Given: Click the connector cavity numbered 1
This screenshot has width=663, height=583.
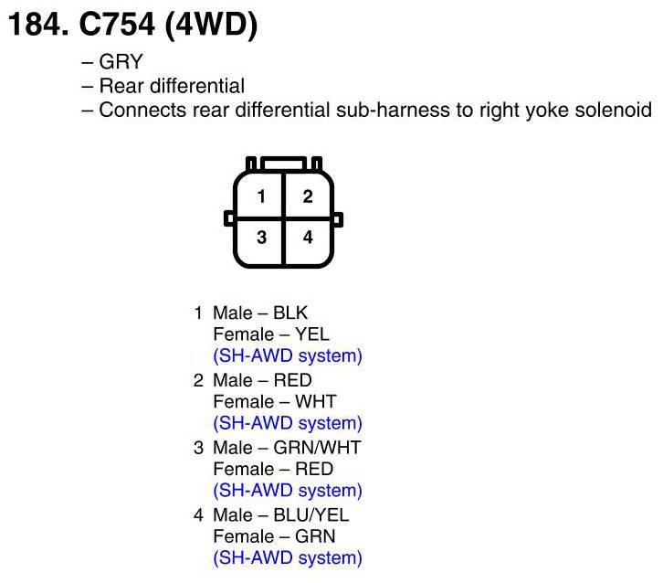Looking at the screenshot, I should coord(261,196).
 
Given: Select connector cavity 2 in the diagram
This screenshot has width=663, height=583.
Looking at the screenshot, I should coord(308,196).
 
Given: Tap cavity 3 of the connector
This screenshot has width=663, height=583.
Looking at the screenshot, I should coord(261,238).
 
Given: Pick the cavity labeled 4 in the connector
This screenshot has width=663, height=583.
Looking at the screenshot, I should coord(308,238).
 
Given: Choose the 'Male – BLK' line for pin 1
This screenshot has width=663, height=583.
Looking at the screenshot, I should coord(260,313).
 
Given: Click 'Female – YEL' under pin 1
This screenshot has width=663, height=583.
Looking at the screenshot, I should coord(270,334).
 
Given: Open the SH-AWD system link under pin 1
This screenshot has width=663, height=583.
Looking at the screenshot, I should coord(287,355).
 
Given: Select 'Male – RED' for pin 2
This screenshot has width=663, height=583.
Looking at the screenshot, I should coord(262,380).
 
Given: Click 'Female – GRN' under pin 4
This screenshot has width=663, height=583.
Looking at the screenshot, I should coord(272,536).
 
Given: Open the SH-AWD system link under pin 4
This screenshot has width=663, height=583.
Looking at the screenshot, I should coord(287,557).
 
